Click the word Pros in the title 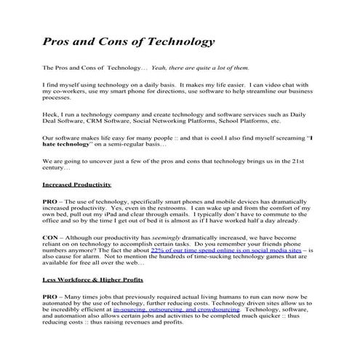[57, 41]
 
